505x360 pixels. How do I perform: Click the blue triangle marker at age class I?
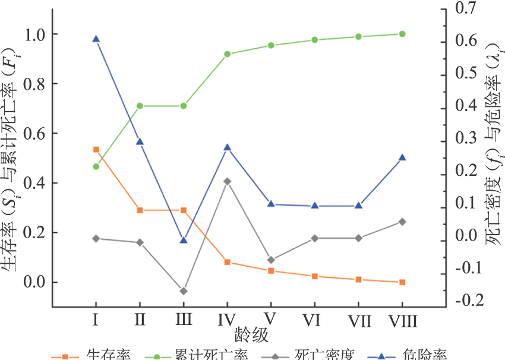pyautogui.click(x=96, y=39)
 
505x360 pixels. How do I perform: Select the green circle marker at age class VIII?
pyautogui.click(x=402, y=34)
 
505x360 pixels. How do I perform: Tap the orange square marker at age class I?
pyautogui.click(x=96, y=150)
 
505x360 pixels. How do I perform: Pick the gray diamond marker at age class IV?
pyautogui.click(x=228, y=181)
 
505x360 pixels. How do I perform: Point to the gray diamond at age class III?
pyautogui.click(x=184, y=291)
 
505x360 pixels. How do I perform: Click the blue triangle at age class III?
pyautogui.click(x=184, y=240)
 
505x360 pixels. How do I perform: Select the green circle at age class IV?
pyautogui.click(x=228, y=54)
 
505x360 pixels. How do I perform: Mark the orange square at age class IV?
pyautogui.click(x=228, y=262)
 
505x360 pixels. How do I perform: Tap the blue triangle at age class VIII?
pyautogui.click(x=402, y=157)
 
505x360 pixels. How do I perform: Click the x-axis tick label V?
pyautogui.click(x=271, y=320)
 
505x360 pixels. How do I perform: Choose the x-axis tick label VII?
pyautogui.click(x=359, y=321)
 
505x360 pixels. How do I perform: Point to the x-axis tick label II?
pyautogui.click(x=140, y=320)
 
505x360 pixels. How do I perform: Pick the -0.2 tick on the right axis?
pyautogui.click(x=465, y=299)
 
